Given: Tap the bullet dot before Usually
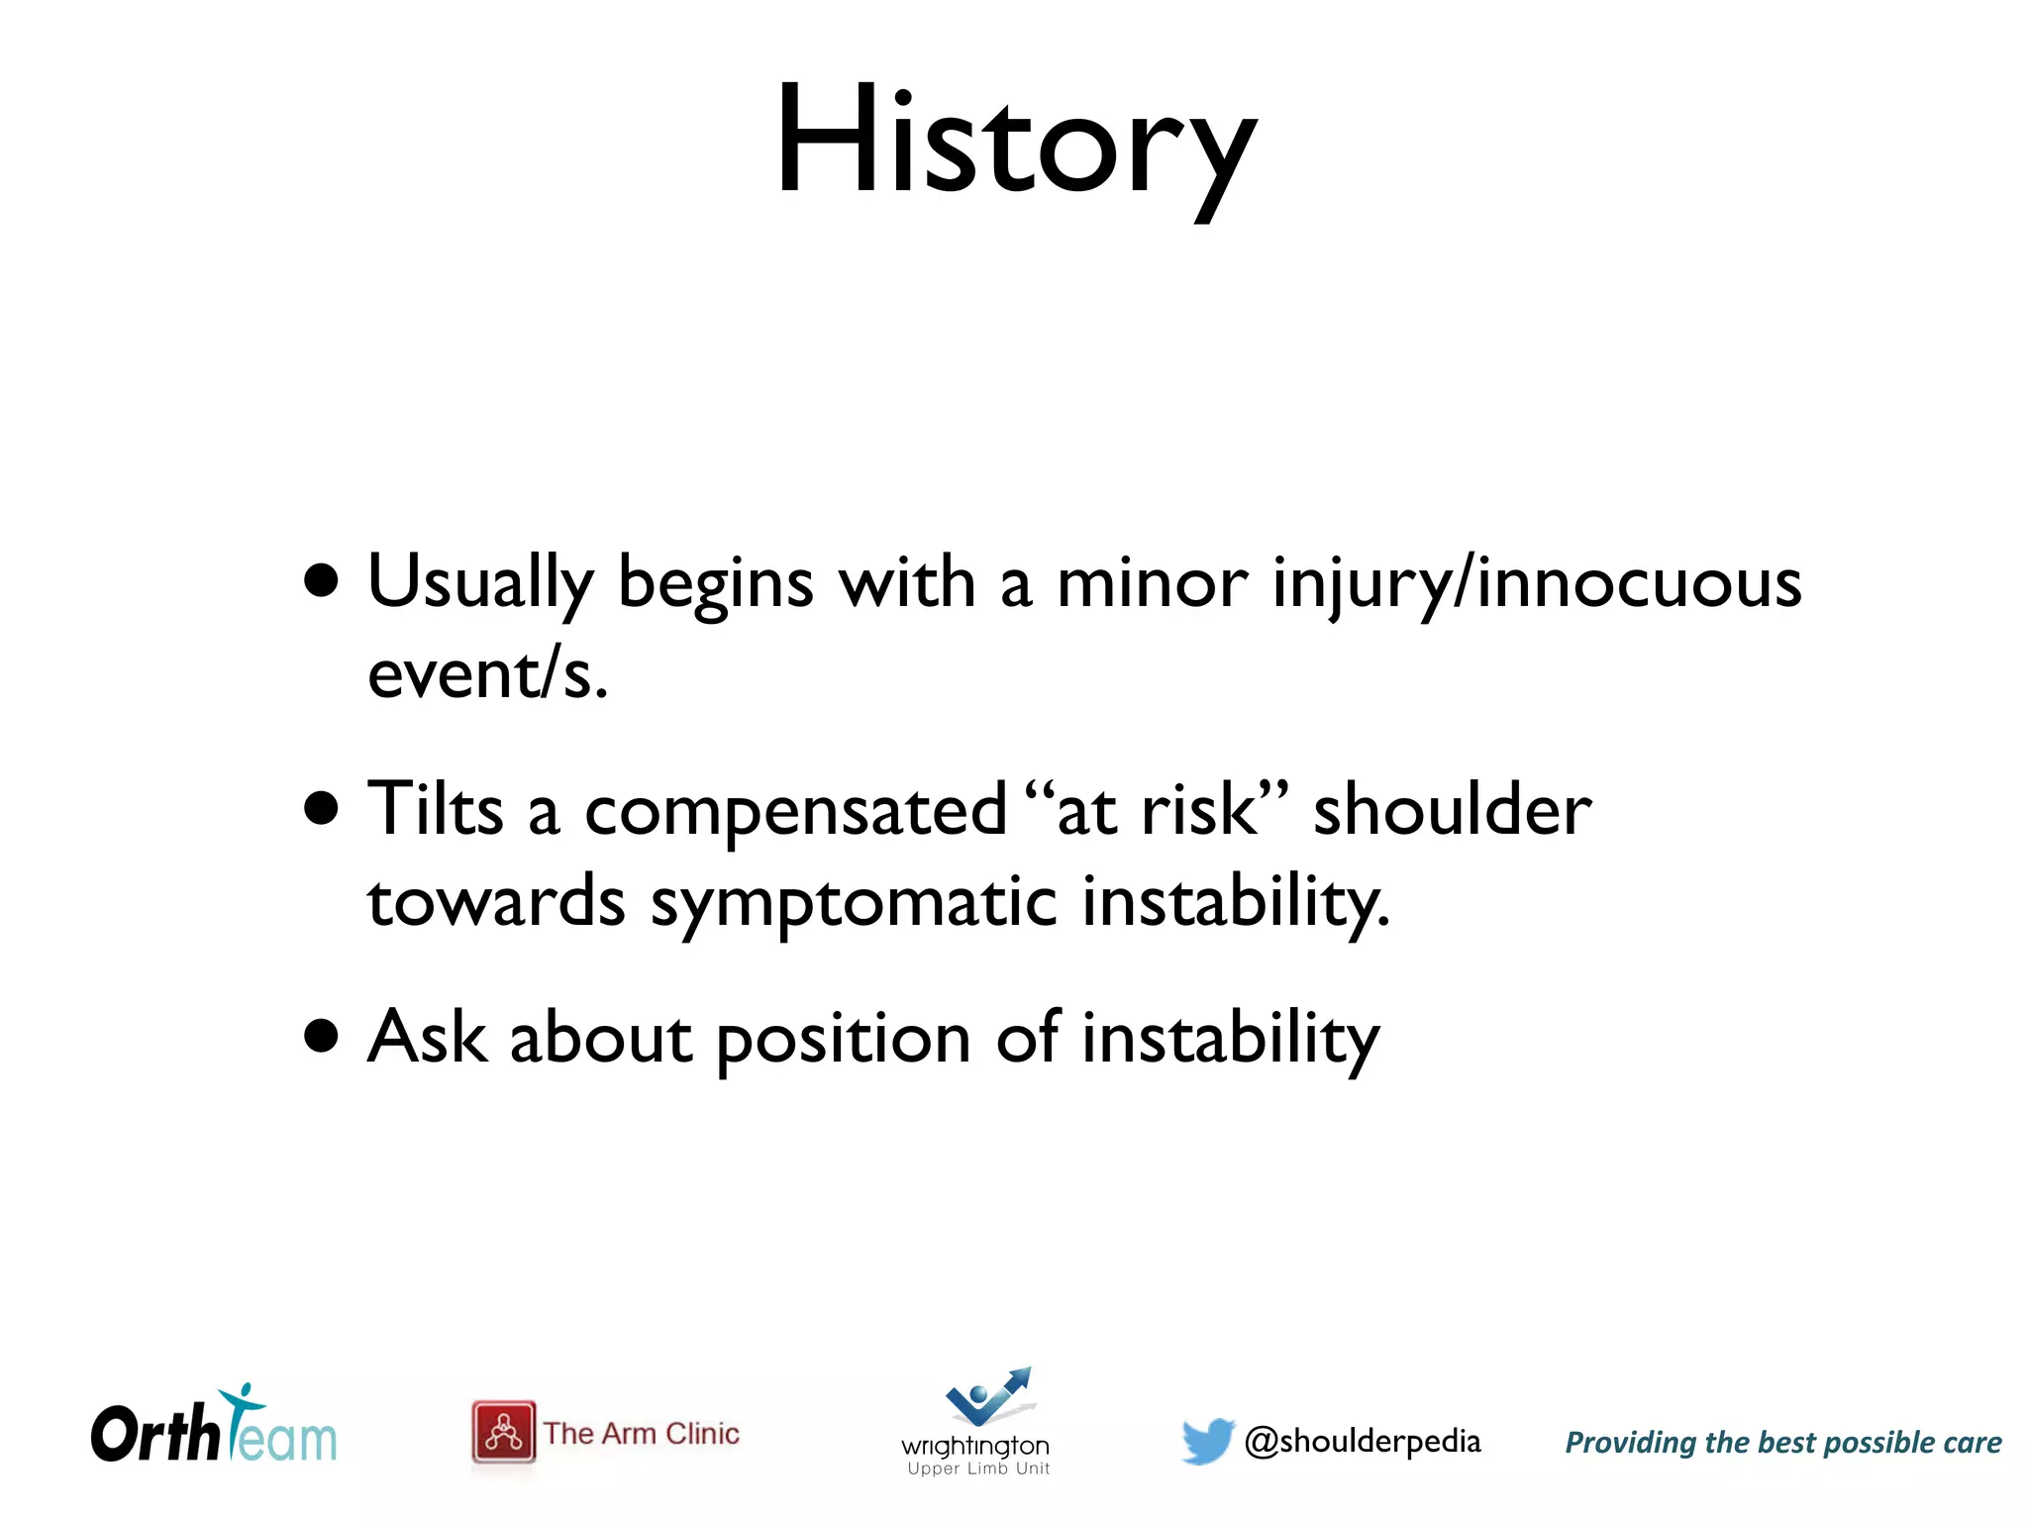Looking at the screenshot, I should point(322,581).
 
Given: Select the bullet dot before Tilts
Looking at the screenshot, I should point(322,808).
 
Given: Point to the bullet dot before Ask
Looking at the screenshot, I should point(322,1036).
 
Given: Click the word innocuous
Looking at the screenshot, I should point(1639,582).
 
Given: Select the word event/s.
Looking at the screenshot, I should point(487,675).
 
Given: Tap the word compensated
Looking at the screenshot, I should point(795,810).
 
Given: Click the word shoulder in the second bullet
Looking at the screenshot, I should point(1452,810).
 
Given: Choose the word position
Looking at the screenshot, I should point(843,1040).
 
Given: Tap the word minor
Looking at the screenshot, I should point(1152,582).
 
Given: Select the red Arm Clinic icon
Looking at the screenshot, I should point(504,1432).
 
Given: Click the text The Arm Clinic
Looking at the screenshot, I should point(642,1433).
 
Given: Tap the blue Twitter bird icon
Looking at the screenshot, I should point(1207,1441).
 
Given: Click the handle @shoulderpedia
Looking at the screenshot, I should point(1363,1442).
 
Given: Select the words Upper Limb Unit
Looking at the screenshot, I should point(978,1469).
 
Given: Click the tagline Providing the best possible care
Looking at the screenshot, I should point(1782,1443).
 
